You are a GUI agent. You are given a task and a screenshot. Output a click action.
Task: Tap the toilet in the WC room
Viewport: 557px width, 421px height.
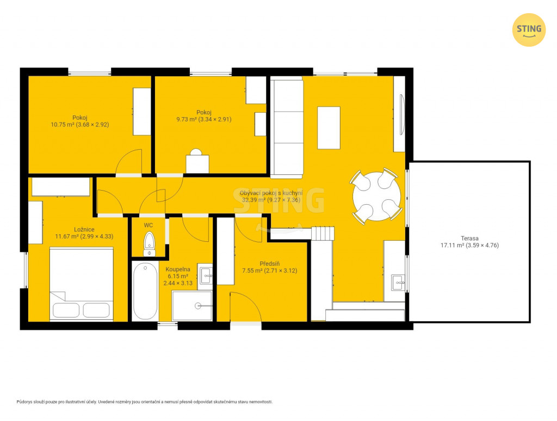(149, 244)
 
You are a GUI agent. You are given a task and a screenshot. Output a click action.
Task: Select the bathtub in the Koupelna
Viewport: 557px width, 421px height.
(145, 291)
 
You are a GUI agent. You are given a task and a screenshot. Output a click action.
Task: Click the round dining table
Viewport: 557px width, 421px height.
(376, 196)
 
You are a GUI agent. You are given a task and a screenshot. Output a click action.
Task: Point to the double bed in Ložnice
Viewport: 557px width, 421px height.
(82, 284)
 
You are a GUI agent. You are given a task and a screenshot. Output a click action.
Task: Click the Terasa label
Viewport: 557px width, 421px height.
(469, 238)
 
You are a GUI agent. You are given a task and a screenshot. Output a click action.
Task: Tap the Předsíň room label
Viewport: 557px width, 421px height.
(270, 264)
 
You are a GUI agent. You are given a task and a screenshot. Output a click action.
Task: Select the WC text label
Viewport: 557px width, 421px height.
(148, 225)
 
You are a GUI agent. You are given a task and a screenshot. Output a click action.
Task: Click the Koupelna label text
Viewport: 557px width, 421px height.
(178, 270)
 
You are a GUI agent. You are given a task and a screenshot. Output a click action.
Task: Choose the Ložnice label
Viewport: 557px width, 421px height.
(84, 230)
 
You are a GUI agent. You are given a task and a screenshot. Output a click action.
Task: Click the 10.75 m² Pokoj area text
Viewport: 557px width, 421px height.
(80, 125)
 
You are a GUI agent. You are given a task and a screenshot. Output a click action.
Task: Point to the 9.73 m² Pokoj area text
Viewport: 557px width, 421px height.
(204, 119)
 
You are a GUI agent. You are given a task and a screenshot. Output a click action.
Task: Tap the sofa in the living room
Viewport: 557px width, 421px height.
(287, 127)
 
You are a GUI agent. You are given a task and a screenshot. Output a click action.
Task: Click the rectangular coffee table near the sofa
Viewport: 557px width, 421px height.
(329, 127)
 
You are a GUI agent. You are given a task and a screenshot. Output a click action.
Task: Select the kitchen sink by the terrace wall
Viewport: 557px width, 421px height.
(398, 283)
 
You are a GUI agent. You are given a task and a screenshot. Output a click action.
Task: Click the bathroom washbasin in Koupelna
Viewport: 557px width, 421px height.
(206, 276)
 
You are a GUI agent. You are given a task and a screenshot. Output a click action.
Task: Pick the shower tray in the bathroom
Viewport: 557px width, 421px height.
(192, 306)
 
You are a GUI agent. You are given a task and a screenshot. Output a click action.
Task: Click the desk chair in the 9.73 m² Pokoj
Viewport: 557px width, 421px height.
(196, 152)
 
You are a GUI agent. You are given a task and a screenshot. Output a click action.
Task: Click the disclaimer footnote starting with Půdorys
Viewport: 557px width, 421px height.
(145, 402)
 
